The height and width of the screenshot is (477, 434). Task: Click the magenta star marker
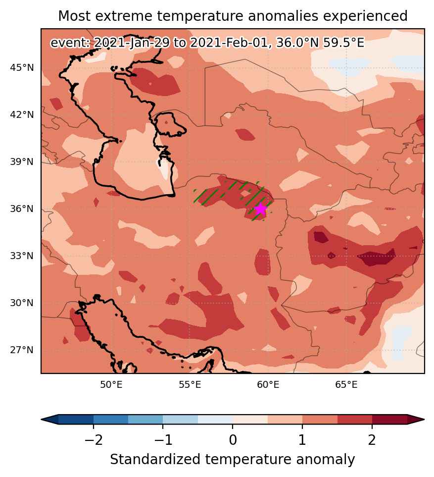click(261, 209)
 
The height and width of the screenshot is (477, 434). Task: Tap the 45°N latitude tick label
click(22, 67)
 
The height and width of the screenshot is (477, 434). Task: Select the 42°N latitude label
click(22, 115)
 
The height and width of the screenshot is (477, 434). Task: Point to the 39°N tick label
click(22, 161)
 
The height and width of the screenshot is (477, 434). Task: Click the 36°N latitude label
click(22, 209)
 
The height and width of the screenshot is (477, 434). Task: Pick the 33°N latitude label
click(22, 256)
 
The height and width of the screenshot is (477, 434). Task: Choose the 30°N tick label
click(22, 303)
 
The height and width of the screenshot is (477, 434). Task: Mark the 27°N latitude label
click(22, 350)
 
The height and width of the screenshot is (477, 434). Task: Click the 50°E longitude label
click(111, 385)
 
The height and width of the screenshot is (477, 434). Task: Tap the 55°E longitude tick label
click(190, 385)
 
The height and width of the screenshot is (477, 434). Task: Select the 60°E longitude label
click(268, 385)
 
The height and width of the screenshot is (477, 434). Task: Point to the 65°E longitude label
click(346, 385)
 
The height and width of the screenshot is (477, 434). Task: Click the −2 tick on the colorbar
click(94, 440)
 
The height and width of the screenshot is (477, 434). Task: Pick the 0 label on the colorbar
click(233, 440)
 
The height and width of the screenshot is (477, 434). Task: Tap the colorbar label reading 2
click(372, 440)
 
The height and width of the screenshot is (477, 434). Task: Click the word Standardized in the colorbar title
click(155, 460)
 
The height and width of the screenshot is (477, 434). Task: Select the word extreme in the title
click(128, 16)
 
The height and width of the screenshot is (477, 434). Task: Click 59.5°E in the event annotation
click(343, 43)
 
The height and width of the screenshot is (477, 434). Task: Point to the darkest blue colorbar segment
click(76, 419)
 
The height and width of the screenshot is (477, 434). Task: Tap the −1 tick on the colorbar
click(163, 440)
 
